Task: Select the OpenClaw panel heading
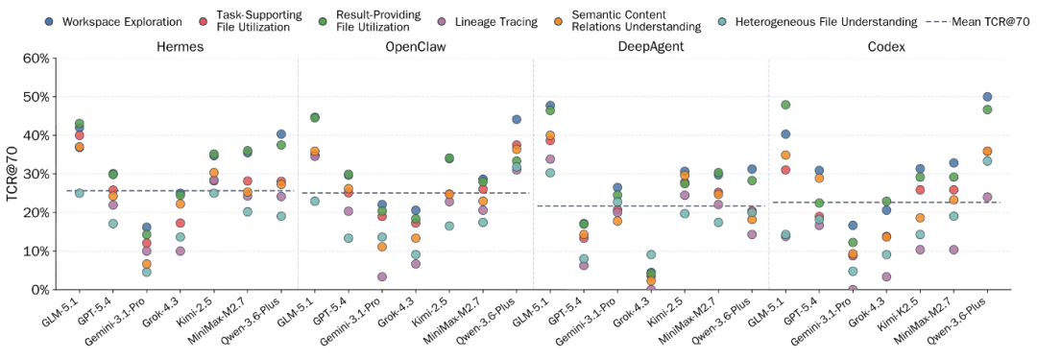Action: click(415, 47)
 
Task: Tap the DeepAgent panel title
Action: click(650, 47)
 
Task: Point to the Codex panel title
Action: click(885, 47)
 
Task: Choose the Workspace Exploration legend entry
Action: click(115, 21)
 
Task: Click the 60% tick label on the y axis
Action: click(36, 59)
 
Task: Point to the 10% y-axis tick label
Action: click(36, 252)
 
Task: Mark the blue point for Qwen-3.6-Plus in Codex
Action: click(987, 97)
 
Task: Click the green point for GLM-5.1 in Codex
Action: click(785, 105)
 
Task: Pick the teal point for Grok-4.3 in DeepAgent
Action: click(651, 254)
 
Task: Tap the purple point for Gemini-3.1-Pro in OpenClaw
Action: click(382, 276)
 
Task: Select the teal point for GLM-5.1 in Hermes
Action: click(80, 193)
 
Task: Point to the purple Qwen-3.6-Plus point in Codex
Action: click(987, 197)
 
